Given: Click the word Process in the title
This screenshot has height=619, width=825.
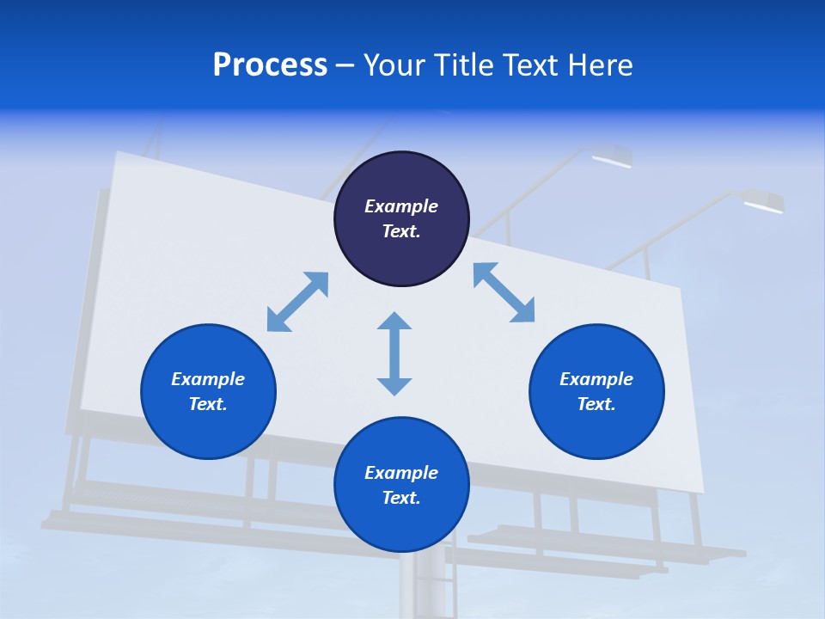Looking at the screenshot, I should pyautogui.click(x=270, y=65).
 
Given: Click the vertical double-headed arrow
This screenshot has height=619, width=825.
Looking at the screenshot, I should pyautogui.click(x=394, y=353).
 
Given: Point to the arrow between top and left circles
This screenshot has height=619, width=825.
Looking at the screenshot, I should pyautogui.click(x=297, y=302).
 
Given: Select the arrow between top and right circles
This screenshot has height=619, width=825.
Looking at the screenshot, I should pyautogui.click(x=504, y=292).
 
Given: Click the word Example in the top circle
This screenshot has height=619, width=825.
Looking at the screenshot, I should pyautogui.click(x=401, y=206).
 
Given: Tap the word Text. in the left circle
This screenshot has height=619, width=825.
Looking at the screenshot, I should pyautogui.click(x=208, y=404).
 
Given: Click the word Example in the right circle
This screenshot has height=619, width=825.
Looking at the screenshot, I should pyautogui.click(x=596, y=379).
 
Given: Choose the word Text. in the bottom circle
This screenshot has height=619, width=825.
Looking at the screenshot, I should pyautogui.click(x=401, y=498).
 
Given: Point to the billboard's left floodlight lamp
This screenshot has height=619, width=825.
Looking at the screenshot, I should pyautogui.click(x=612, y=157).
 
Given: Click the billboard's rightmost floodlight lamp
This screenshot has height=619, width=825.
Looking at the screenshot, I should pyautogui.click(x=763, y=202).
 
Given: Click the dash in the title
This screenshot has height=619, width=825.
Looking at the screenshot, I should pyautogui.click(x=345, y=65).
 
